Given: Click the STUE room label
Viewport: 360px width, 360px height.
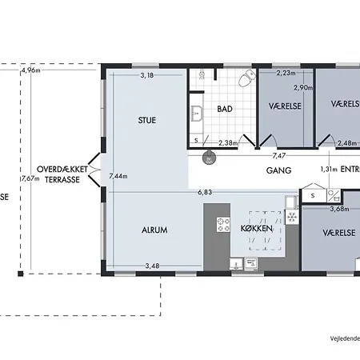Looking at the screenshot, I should (146, 121).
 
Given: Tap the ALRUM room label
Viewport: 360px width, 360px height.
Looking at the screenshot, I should (154, 230).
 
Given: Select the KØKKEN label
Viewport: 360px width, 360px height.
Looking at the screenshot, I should (257, 229).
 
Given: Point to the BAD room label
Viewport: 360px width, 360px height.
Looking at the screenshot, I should (224, 109).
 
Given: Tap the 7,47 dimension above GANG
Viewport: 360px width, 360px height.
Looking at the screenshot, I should (279, 157).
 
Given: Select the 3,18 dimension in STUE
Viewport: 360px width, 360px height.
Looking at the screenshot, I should (147, 76).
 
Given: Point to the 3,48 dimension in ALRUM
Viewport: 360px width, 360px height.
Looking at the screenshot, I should (153, 266).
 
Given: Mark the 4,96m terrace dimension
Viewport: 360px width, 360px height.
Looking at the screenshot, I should (31, 71).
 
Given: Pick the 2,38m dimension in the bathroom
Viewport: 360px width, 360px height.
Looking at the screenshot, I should (229, 143).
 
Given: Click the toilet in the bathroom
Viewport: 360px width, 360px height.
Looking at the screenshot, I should (249, 78).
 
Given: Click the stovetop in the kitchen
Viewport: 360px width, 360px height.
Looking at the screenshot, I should (222, 228).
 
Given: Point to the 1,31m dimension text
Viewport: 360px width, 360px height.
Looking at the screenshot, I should (328, 170).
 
